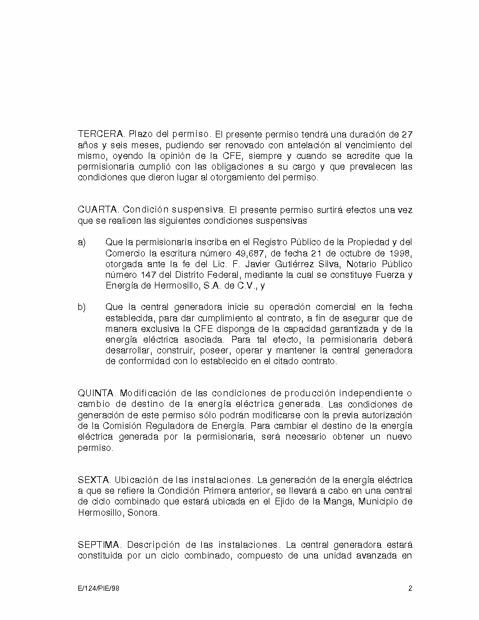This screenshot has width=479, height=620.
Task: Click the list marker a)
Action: coord(82,242)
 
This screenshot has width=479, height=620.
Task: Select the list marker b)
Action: coord(82,307)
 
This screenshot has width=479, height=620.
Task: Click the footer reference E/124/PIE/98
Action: coord(99,589)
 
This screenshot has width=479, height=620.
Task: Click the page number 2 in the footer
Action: coord(410,589)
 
